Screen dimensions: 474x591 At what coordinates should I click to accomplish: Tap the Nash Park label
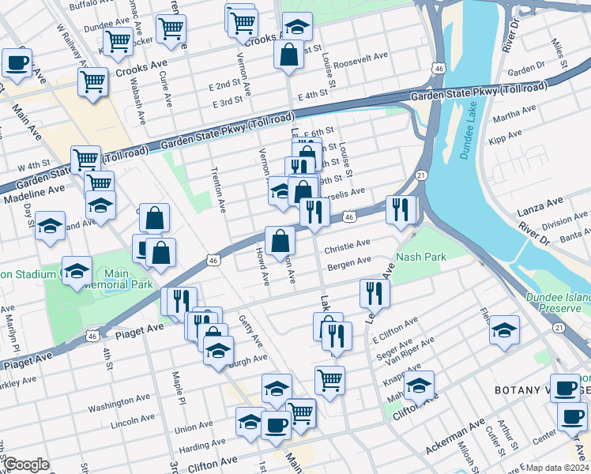point(422,257)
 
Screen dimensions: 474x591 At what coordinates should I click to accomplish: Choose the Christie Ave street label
point(348,246)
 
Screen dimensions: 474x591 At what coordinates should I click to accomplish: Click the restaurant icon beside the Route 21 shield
point(401,209)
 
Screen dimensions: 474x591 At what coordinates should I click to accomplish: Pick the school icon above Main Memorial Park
point(77,272)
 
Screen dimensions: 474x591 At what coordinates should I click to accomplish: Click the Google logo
point(26,465)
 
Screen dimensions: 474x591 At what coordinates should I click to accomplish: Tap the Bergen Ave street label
point(349,262)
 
